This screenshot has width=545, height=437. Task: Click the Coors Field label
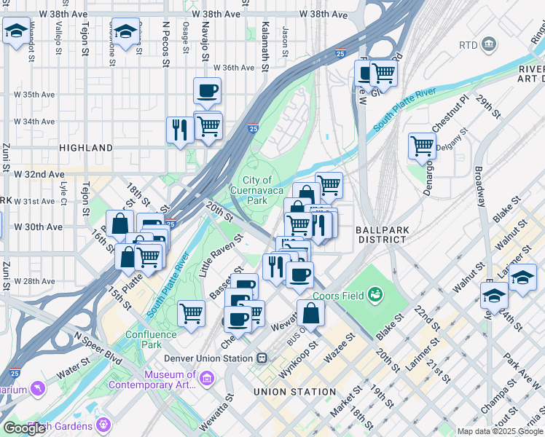[x=337, y=296]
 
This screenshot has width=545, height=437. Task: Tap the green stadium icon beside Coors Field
[x=375, y=294]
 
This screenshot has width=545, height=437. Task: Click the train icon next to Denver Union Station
[x=261, y=358]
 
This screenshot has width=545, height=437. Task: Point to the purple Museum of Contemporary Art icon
[x=207, y=378]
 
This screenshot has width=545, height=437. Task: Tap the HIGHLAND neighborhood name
[x=86, y=148]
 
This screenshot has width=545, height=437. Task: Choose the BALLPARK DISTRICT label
[x=381, y=234]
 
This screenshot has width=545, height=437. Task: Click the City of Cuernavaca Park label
[x=256, y=189]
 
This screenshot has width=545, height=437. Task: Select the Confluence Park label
[x=151, y=339]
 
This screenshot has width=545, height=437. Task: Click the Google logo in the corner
[x=25, y=428]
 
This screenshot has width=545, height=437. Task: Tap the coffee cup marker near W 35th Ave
[x=207, y=90]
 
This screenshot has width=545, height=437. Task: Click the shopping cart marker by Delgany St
[x=422, y=146]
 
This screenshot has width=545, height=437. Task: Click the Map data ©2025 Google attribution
[x=499, y=431]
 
